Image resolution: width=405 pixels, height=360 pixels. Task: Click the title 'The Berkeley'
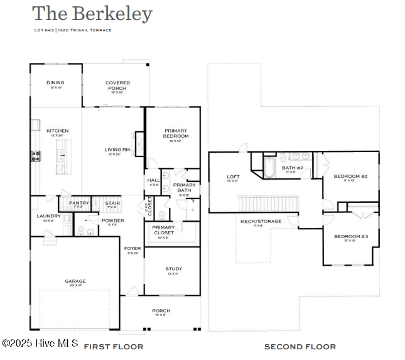(92, 13)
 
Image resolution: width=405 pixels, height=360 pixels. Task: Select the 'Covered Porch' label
(117, 85)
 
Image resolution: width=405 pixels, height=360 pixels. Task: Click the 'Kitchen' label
(57, 131)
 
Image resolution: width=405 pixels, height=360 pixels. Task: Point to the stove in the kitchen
(36, 155)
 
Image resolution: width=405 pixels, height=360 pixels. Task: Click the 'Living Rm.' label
(117, 150)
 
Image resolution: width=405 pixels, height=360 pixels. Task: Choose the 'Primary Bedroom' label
(175, 133)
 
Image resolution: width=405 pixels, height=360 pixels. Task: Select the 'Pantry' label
(78, 203)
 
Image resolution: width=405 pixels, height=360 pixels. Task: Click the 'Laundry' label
(48, 216)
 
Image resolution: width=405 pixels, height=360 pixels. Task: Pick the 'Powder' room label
(113, 221)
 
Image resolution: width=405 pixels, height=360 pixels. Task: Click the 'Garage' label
(75, 281)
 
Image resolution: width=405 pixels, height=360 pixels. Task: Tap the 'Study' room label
(173, 269)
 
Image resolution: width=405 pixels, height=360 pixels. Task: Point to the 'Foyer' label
(132, 249)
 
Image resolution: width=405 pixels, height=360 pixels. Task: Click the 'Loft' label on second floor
(233, 177)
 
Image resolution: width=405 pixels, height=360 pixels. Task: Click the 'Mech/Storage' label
(261, 221)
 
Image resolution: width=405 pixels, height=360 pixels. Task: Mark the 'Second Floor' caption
(300, 346)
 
